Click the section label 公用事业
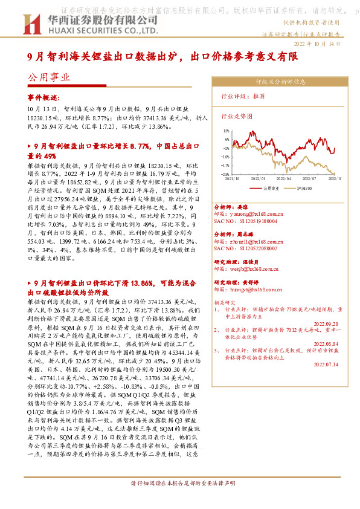(49, 77)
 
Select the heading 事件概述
(43, 97)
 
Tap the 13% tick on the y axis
(225, 130)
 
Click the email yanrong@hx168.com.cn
(249, 213)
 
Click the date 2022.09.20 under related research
(326, 323)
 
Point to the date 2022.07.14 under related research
(326, 365)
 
